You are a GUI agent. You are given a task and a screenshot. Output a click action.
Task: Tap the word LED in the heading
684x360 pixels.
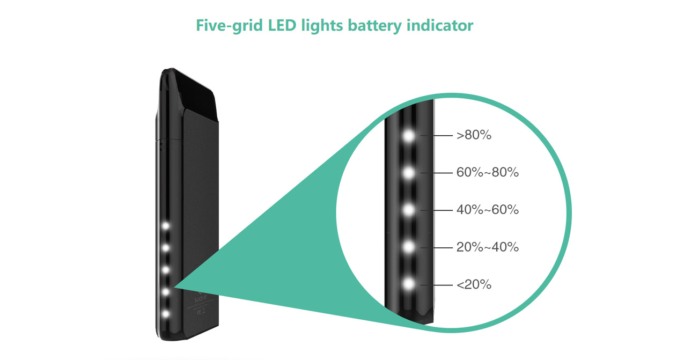tap(282, 25)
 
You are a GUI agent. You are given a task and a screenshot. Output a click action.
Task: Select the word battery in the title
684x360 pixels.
tap(374, 26)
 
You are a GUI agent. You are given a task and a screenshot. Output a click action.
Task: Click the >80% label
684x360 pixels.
tap(474, 135)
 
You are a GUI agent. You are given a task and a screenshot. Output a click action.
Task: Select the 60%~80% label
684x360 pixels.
tap(487, 173)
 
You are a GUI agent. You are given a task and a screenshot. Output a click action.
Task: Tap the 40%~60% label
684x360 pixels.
tap(487, 210)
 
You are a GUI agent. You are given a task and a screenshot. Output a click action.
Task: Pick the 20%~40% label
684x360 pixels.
tap(487, 247)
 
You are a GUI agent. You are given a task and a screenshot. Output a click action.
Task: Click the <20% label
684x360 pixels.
tap(474, 285)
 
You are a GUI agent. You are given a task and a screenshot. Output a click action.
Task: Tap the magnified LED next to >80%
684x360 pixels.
tap(409, 136)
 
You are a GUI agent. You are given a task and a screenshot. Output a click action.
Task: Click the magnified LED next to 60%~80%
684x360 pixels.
tap(409, 173)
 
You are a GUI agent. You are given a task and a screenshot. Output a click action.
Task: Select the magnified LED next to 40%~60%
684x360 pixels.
tap(409, 210)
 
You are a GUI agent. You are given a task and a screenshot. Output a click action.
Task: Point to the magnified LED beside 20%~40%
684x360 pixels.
tap(409, 247)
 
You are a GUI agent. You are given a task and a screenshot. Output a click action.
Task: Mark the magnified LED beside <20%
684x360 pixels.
tap(409, 284)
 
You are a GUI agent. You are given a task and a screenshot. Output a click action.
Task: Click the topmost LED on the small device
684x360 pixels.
tap(166, 226)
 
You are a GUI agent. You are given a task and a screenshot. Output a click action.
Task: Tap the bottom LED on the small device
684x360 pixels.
tap(166, 314)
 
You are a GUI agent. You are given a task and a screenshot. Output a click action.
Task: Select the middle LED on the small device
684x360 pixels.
tap(166, 270)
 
